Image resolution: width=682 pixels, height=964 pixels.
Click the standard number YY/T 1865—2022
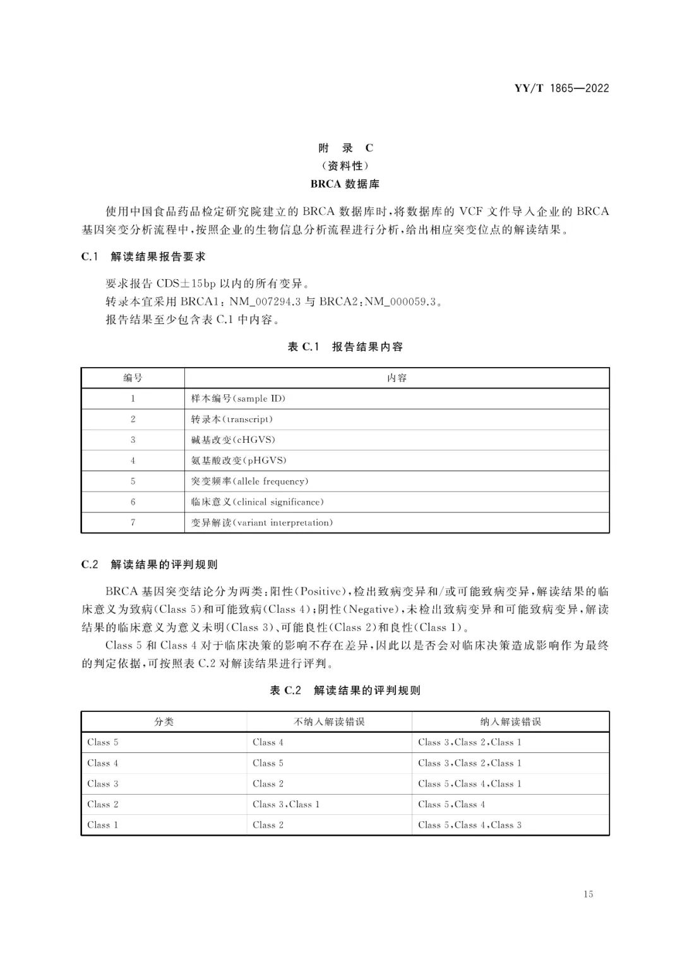pyautogui.click(x=561, y=88)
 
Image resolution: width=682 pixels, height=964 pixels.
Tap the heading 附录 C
pyautogui.click(x=345, y=148)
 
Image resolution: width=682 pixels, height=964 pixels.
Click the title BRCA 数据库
pyautogui.click(x=345, y=184)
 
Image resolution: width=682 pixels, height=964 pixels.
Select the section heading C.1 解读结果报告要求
pyautogui.click(x=143, y=256)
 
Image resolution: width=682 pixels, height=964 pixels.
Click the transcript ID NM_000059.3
pyautogui.click(x=400, y=301)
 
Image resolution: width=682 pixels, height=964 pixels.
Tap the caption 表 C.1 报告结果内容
pyautogui.click(x=345, y=346)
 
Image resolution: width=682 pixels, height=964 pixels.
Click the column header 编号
pyautogui.click(x=133, y=378)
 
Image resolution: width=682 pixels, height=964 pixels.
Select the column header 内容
pyautogui.click(x=397, y=378)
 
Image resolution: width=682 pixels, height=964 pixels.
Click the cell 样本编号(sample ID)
pyautogui.click(x=238, y=399)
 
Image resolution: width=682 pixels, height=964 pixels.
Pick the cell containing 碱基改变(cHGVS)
pyautogui.click(x=233, y=440)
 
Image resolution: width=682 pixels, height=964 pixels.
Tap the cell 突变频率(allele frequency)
pyautogui.click(x=249, y=481)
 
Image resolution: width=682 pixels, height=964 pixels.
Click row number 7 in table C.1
pyautogui.click(x=133, y=522)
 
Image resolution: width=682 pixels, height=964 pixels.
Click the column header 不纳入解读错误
pyautogui.click(x=329, y=721)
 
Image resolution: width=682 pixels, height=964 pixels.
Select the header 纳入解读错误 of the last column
pyautogui.click(x=510, y=721)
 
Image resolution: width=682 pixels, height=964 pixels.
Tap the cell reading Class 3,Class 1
pyautogui.click(x=286, y=804)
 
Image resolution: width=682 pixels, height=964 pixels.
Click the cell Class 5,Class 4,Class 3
pyautogui.click(x=470, y=825)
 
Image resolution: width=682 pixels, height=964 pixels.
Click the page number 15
pyautogui.click(x=588, y=894)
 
